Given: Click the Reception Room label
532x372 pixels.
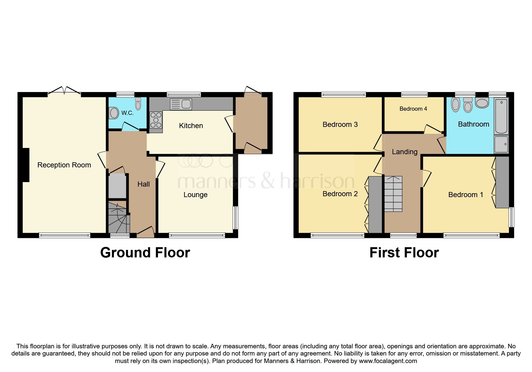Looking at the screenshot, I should [64, 165].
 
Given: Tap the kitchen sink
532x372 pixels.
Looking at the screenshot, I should [181, 104].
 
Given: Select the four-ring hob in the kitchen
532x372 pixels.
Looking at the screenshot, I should [156, 120].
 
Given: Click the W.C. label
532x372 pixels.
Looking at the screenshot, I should [127, 113].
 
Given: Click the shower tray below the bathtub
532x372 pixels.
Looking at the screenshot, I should [501, 144].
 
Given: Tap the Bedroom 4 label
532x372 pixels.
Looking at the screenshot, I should [413, 109].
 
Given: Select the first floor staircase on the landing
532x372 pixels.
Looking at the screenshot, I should [393, 194].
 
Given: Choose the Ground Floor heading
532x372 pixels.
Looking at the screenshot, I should [145, 253].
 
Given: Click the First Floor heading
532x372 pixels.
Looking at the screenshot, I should [404, 253].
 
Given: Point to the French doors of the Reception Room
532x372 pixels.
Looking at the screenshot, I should [64, 91].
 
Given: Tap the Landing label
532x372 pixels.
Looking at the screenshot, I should [404, 152].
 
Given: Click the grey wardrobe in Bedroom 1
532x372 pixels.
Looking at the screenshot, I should [502, 182].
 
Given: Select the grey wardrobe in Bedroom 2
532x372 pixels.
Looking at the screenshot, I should [375, 205].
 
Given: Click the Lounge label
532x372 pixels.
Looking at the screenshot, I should [195, 195].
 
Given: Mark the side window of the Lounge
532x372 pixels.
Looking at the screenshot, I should [236, 218].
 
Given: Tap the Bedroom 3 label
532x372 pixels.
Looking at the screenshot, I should [340, 124].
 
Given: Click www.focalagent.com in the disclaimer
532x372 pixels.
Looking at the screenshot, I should [388, 361].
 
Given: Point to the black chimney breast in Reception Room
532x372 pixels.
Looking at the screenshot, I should [26, 165].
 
